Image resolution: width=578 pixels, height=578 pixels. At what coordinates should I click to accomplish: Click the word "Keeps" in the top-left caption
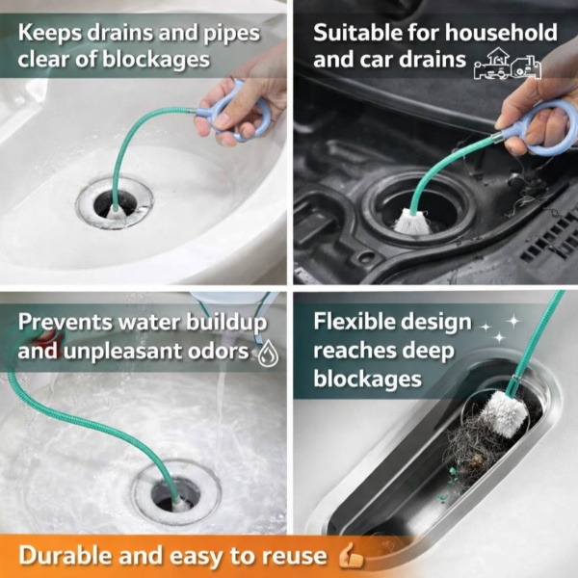[x=50, y=34]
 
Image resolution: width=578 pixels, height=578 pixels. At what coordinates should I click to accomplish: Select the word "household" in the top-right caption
[x=501, y=33]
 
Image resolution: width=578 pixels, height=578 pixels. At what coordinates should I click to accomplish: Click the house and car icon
[x=508, y=64]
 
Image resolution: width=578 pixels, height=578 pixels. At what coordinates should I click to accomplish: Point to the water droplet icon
[x=268, y=354]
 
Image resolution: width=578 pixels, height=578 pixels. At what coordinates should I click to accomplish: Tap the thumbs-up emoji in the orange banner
[x=351, y=556]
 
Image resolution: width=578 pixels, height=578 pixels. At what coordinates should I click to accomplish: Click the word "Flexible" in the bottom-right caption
[x=354, y=322]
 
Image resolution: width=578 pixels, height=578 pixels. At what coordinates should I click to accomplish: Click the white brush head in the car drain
[x=412, y=222]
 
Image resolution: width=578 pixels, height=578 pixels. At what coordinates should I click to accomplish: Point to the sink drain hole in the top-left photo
[x=115, y=203]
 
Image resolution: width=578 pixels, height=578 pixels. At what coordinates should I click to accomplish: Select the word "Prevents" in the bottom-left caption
[x=66, y=323]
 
